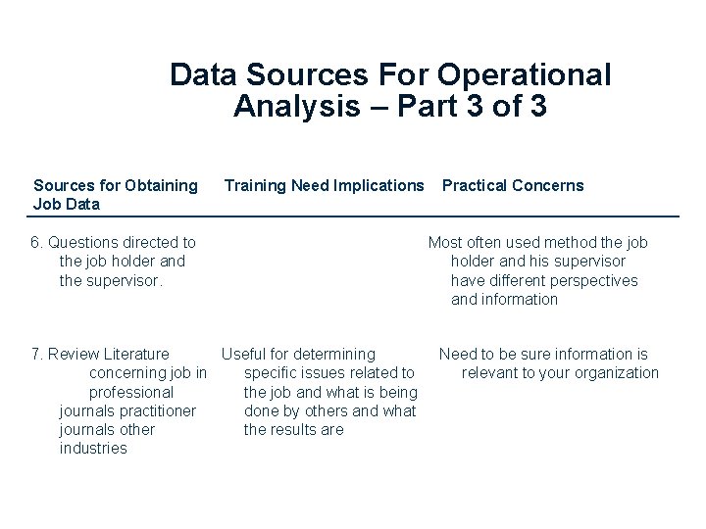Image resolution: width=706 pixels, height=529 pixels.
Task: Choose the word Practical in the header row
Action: tap(476, 185)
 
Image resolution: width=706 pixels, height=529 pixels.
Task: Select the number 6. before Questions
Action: tap(37, 242)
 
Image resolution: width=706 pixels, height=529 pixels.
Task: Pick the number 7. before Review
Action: tap(37, 354)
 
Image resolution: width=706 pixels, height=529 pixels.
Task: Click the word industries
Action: tap(93, 449)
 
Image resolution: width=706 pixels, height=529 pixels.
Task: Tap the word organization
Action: tap(615, 372)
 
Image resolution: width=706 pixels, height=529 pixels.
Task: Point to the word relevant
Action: tap(491, 372)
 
